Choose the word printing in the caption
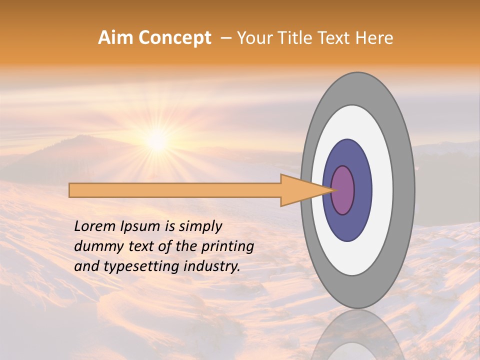coord(227,247)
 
